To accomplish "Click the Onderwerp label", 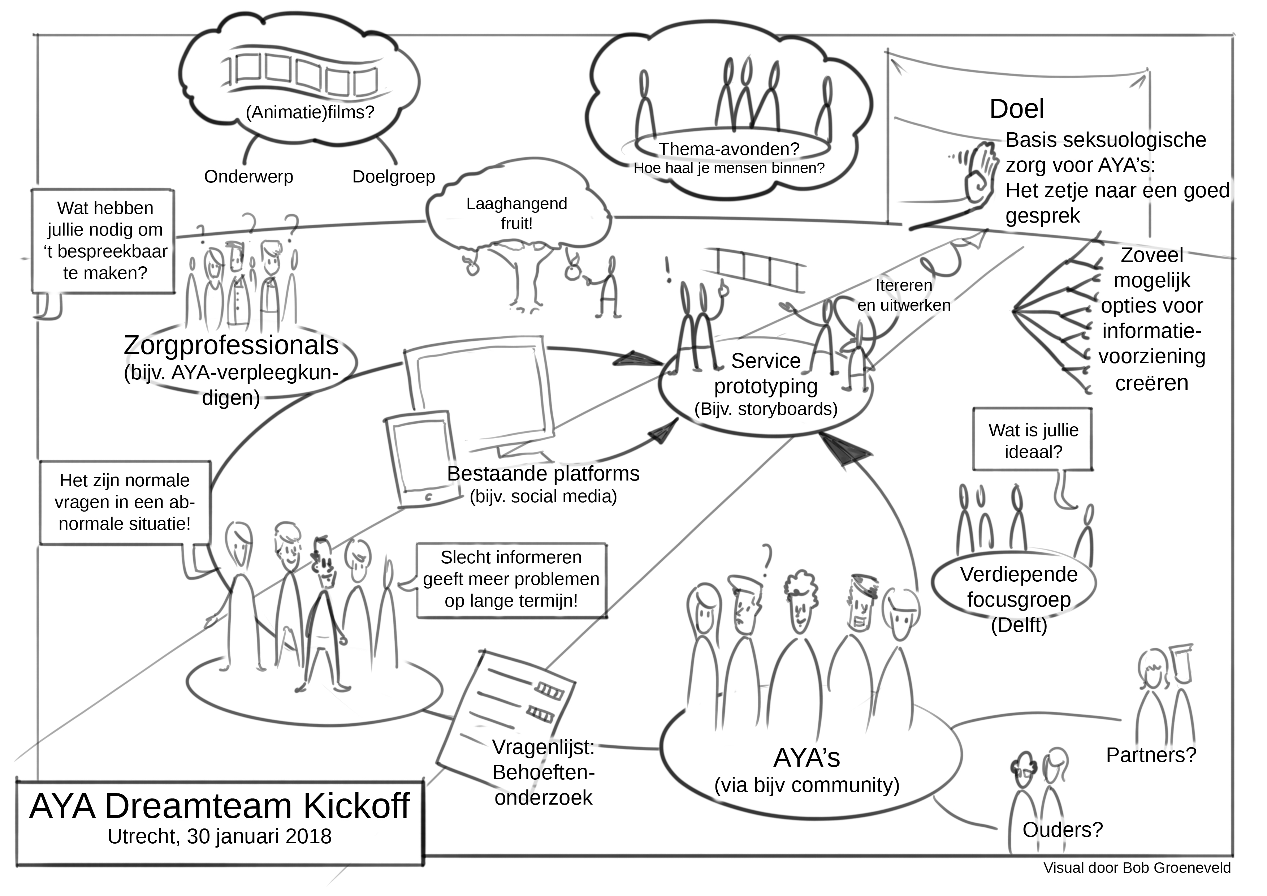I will [x=248, y=177].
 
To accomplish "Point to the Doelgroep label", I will [x=393, y=177].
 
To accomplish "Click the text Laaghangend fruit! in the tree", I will [x=516, y=213].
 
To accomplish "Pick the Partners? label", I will [x=1151, y=755].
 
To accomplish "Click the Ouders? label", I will [x=1062, y=829].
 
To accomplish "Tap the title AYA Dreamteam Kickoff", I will [x=220, y=806].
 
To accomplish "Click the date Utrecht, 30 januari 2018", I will [x=220, y=836].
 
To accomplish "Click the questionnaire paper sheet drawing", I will [x=505, y=712].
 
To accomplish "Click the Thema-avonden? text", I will [x=729, y=148].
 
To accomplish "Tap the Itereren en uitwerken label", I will [x=904, y=295].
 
